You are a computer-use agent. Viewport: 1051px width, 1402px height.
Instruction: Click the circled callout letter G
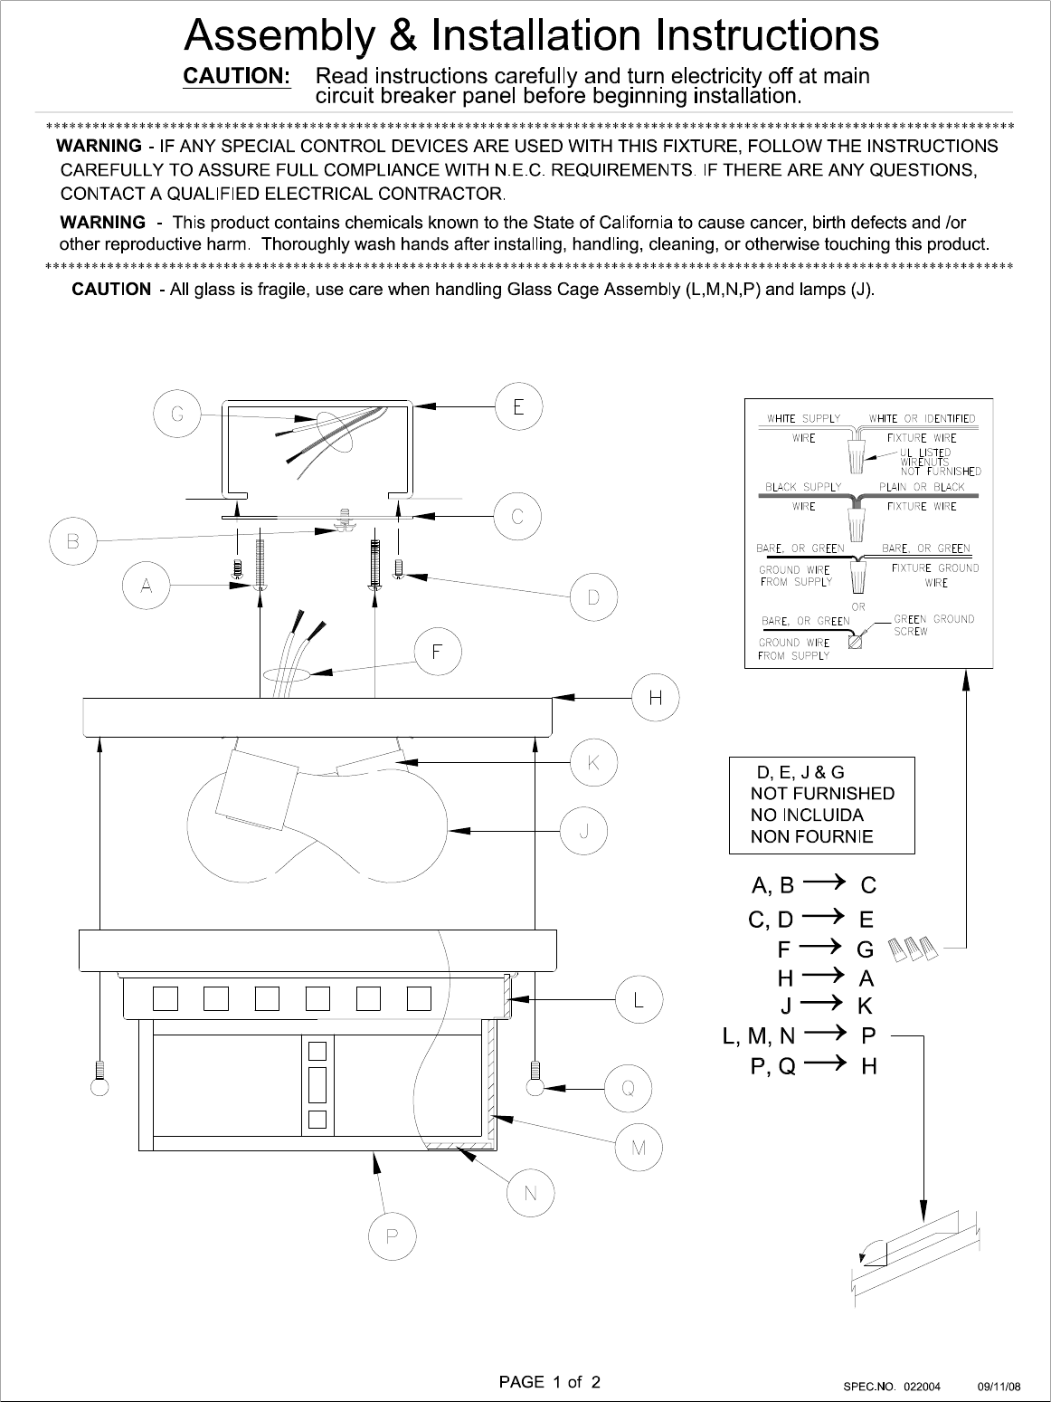click(177, 415)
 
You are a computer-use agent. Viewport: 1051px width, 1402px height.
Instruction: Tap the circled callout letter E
click(518, 406)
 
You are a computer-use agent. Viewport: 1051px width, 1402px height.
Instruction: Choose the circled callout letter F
click(438, 653)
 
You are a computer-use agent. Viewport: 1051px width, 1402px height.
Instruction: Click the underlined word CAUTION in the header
click(237, 76)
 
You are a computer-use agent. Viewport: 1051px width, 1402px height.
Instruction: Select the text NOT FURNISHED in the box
click(822, 794)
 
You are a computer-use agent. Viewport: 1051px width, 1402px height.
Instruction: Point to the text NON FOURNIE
click(811, 836)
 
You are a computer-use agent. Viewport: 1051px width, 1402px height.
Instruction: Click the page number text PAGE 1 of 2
click(550, 1382)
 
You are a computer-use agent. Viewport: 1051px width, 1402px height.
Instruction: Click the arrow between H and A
click(823, 978)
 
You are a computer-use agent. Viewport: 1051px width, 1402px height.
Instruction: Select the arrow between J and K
click(823, 1005)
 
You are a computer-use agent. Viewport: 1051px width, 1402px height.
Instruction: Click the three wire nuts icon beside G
click(914, 949)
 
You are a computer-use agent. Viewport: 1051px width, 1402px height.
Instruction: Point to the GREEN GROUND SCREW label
click(933, 625)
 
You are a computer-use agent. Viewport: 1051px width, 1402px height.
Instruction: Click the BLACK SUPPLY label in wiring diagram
click(803, 487)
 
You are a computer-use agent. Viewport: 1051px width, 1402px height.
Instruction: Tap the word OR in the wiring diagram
click(858, 606)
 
